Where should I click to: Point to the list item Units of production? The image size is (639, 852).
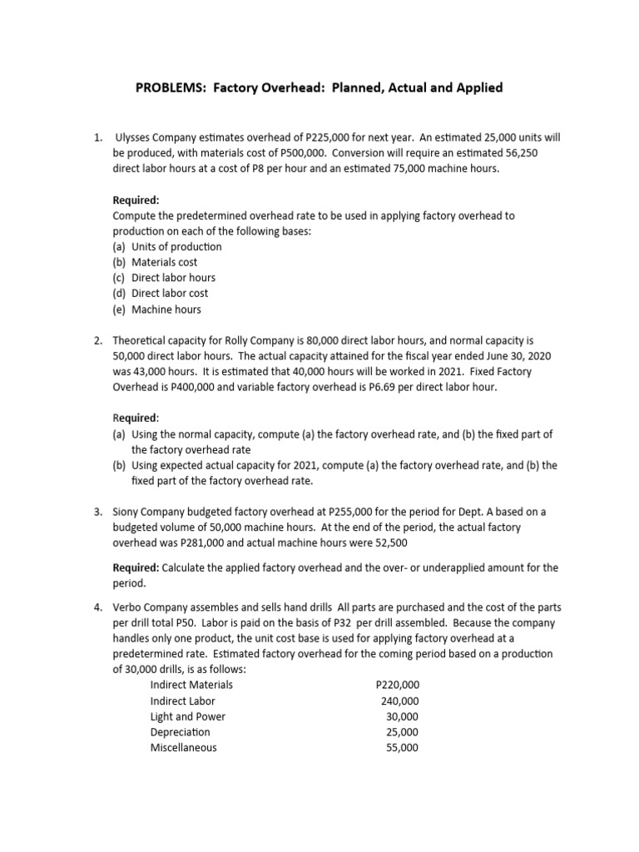point(176,246)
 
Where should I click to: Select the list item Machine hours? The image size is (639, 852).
point(166,309)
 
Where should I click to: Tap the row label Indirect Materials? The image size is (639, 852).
point(191,685)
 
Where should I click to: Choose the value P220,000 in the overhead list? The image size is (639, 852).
point(398,685)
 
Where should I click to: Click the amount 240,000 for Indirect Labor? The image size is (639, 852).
point(400,701)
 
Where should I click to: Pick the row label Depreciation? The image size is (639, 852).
point(180,732)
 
